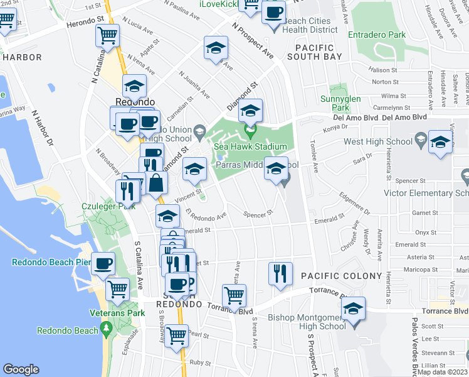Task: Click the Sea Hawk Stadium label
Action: coord(251,147)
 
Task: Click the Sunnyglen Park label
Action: coord(349,103)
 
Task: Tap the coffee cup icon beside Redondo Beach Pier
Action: coord(103,264)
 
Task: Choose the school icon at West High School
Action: coord(441,143)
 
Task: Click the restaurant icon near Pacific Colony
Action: coord(280,273)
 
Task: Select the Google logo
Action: coord(21,370)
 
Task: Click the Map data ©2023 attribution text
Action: coord(443,372)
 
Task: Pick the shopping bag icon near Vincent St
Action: coord(157,183)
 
